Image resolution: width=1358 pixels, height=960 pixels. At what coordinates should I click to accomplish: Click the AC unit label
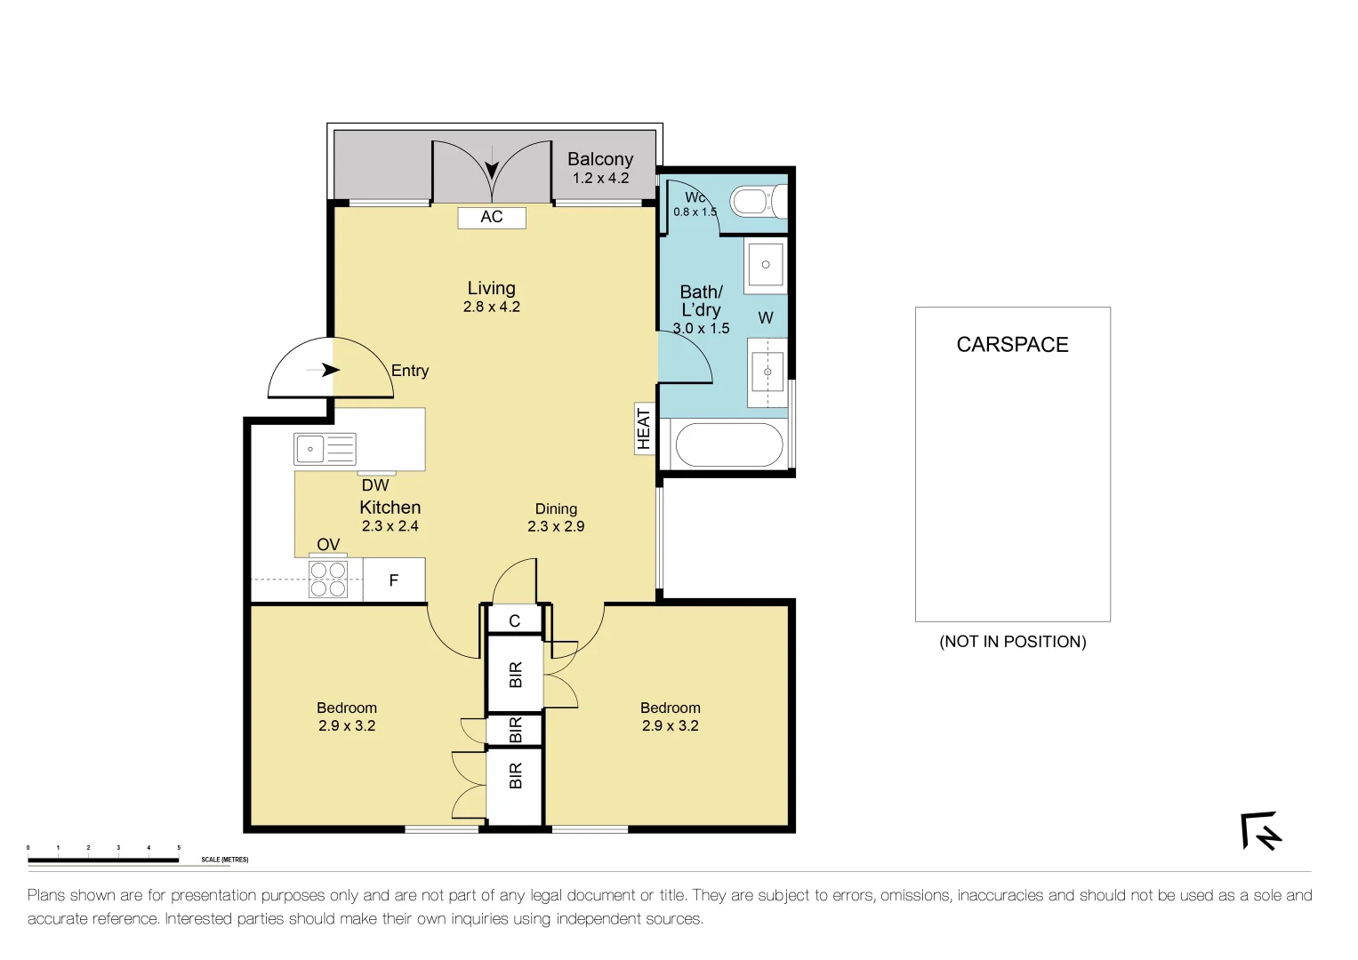tap(492, 217)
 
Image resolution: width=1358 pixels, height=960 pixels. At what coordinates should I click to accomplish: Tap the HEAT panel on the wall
tap(644, 428)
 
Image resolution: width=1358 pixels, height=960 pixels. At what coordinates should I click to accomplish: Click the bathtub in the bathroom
tap(729, 444)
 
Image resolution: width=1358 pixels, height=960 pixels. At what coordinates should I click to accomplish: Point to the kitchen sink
tap(325, 449)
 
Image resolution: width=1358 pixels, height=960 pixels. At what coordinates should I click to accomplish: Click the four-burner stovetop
tap(327, 579)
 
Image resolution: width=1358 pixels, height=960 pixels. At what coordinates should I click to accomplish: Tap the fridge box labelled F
tap(394, 580)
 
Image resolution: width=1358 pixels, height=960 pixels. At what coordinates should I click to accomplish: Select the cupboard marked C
tap(514, 620)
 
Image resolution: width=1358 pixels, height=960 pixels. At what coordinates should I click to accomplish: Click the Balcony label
tap(600, 159)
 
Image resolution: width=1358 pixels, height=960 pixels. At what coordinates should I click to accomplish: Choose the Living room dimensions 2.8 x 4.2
tap(491, 307)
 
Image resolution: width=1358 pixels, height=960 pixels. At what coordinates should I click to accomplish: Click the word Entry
tap(410, 371)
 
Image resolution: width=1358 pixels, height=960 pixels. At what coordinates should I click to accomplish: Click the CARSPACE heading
tap(1012, 345)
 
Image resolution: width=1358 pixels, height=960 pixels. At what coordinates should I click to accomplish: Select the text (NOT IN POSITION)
tap(1012, 642)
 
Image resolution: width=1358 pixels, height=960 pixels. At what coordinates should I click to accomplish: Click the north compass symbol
tap(1261, 831)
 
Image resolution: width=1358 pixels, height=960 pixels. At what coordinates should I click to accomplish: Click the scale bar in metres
tap(103, 860)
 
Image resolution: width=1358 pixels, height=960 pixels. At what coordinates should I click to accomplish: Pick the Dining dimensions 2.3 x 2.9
tap(556, 526)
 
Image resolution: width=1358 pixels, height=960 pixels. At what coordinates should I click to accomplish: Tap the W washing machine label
tap(766, 317)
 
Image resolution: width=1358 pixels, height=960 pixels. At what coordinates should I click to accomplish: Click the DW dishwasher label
tap(375, 485)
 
